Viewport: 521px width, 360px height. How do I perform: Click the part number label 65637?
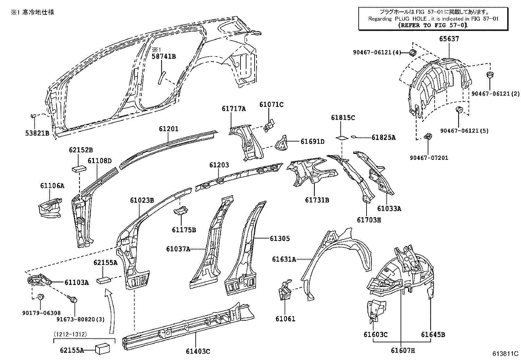[x=449, y=39]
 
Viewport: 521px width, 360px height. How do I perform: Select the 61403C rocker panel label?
[x=198, y=351]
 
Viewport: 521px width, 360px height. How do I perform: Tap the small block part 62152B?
[x=79, y=168]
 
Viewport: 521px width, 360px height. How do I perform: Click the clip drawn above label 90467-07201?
[x=427, y=137]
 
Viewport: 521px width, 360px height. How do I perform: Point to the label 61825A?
[x=383, y=138]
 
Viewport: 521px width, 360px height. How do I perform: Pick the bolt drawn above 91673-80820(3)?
[x=73, y=299]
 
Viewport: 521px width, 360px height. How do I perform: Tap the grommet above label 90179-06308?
[x=41, y=297]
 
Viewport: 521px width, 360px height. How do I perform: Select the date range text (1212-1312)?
[x=70, y=334]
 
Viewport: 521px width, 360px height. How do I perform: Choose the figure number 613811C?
[x=506, y=353]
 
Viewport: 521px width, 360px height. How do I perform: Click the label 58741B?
[x=163, y=57]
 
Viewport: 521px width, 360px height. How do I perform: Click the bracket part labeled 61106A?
[x=50, y=207]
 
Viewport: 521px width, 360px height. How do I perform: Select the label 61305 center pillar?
[x=279, y=238]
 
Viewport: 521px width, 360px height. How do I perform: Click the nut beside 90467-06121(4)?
[x=413, y=52]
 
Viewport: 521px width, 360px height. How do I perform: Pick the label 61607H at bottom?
[x=403, y=351]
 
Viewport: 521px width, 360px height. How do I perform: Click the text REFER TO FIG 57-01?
[x=433, y=25]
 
